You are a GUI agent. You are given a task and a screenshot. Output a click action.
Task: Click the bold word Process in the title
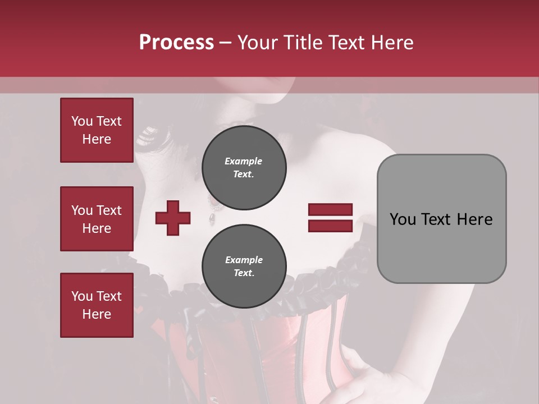176,43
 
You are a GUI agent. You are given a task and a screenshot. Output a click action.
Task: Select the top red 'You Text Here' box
97,130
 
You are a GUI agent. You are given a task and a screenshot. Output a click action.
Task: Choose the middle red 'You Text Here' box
97,219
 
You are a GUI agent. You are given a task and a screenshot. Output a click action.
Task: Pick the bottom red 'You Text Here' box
97,305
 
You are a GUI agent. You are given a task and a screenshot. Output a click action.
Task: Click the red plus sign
173,218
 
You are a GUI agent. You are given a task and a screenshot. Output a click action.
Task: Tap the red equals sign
330,218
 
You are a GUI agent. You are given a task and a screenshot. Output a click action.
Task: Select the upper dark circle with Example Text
244,168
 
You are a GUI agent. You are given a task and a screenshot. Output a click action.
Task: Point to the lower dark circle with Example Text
244,267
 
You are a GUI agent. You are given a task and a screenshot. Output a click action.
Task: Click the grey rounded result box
441,219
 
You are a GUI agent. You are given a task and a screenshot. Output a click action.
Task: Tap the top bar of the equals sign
330,210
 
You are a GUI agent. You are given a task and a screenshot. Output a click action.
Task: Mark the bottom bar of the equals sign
330,226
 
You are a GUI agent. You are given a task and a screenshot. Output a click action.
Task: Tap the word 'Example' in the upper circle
244,161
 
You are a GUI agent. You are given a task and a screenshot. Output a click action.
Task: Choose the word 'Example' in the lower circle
244,260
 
